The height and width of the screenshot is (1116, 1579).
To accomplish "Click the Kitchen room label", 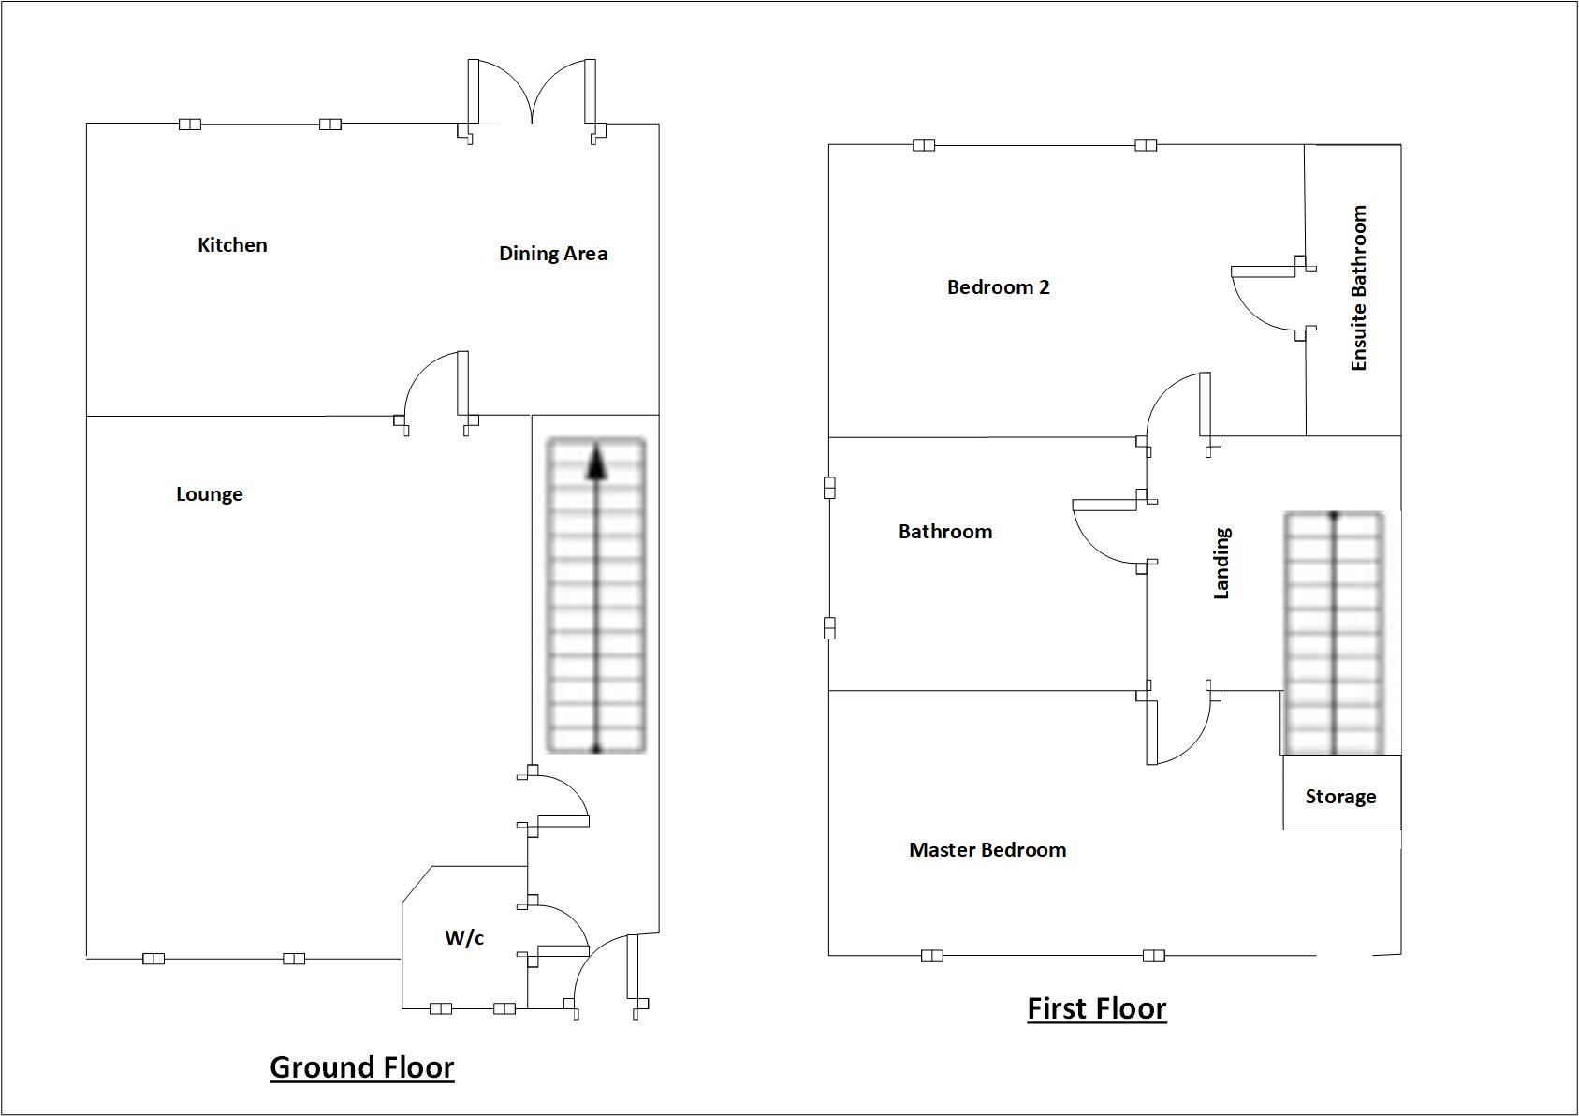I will (x=232, y=245).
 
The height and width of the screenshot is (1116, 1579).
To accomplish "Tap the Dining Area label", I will (x=552, y=254).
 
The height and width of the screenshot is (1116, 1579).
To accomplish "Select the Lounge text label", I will (x=209, y=494).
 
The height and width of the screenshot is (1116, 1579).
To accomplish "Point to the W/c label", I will (x=464, y=937).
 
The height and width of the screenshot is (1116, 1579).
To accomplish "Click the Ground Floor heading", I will (x=361, y=1067).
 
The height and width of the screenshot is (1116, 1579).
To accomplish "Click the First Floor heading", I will (x=1096, y=1008).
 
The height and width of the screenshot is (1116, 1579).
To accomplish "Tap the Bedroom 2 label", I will (x=998, y=287).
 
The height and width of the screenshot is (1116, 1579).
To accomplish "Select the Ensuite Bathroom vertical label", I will (x=1359, y=288).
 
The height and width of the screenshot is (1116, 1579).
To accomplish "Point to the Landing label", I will (x=1221, y=563).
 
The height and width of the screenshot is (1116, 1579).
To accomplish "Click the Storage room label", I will (x=1340, y=797).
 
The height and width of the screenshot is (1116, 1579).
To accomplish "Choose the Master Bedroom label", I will (x=987, y=850).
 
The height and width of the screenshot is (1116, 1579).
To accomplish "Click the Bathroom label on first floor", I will (x=944, y=532).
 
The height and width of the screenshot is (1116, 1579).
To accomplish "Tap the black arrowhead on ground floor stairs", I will (x=596, y=463).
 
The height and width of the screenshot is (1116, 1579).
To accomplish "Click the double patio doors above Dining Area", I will (x=532, y=94).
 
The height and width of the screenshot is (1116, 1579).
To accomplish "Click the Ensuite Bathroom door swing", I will (x=1264, y=300).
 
